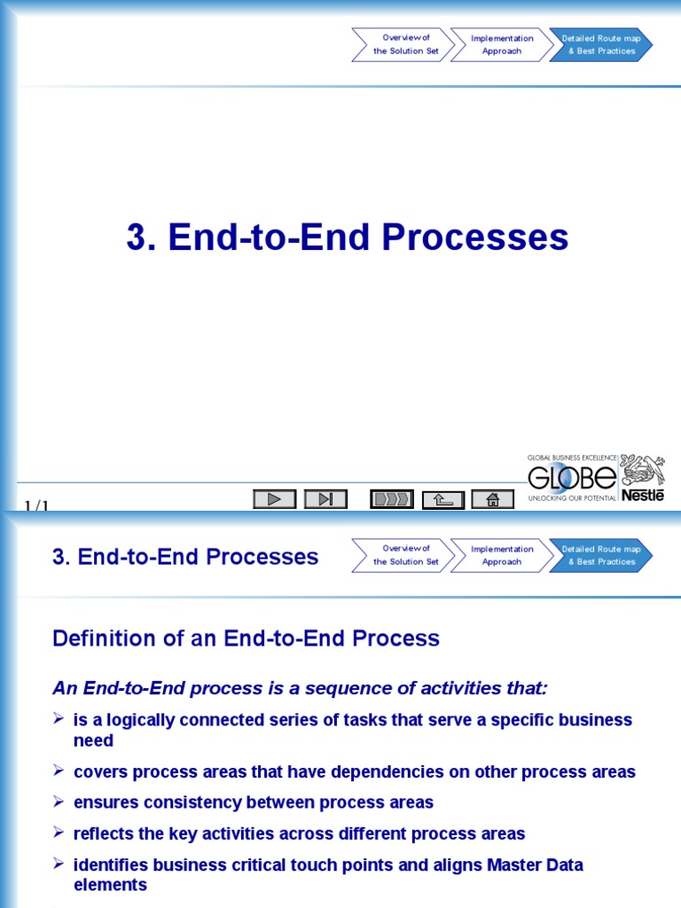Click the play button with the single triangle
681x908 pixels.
coord(274,499)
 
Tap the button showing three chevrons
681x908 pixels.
coord(391,499)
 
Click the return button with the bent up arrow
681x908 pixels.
coord(442,499)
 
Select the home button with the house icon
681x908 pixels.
coord(493,499)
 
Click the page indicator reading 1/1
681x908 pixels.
coord(36,506)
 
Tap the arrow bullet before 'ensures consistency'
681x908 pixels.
coord(59,802)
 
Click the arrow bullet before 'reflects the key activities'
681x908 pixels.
coord(59,833)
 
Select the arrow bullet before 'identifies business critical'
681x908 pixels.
coord(59,864)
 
